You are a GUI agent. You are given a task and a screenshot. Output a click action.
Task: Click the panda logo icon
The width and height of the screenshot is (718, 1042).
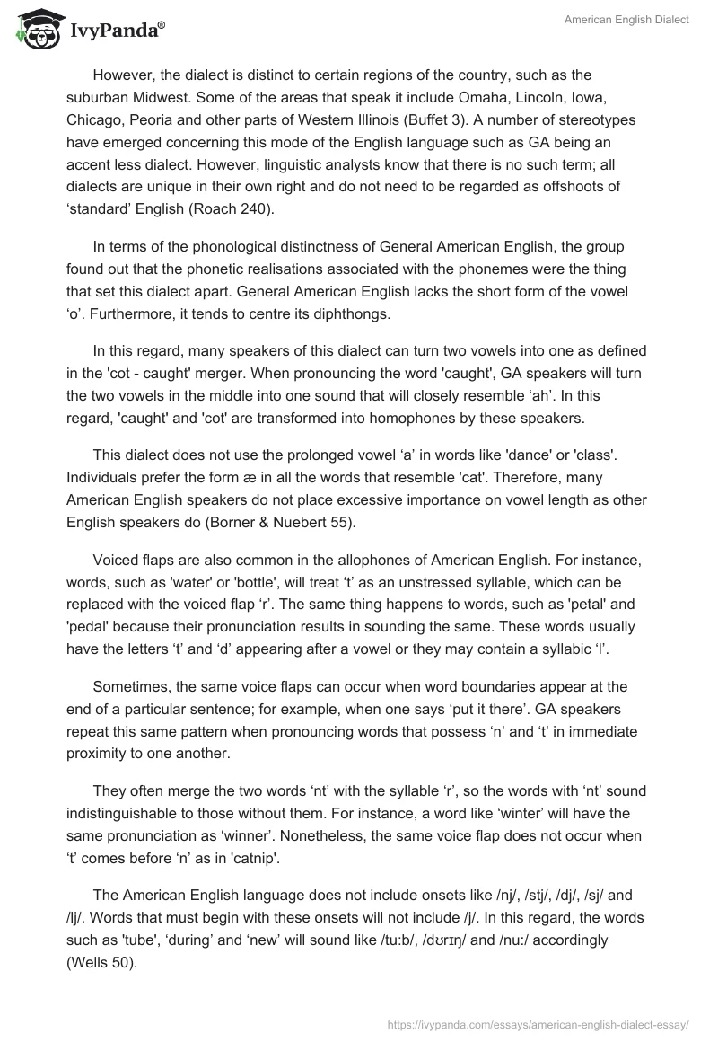pos(33,31)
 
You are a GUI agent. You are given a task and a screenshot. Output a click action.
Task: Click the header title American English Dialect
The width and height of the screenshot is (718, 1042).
pos(626,20)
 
